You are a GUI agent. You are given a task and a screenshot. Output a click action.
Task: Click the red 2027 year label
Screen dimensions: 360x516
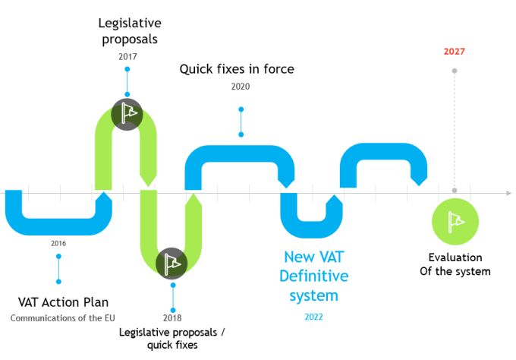pos(454,52)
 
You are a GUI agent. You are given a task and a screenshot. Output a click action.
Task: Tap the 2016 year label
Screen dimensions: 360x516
pos(58,243)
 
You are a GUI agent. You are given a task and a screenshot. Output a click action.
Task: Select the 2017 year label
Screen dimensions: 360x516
pos(127,56)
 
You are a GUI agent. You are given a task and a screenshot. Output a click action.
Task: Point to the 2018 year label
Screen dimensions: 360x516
pos(172,318)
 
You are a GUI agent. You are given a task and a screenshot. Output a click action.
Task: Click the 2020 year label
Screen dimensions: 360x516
pos(241,86)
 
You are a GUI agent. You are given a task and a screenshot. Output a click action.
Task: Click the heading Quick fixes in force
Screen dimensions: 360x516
pos(237,69)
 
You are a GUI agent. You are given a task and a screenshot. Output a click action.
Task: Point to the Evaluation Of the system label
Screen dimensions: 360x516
pos(455,264)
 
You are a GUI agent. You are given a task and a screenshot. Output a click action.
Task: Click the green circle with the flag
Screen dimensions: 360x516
pos(455,221)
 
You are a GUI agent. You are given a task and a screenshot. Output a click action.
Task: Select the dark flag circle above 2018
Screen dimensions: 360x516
pos(171,263)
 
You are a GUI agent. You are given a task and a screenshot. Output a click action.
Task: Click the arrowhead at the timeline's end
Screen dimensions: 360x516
pos(508,193)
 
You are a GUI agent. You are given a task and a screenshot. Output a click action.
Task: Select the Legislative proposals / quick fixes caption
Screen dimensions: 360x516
pos(172,339)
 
